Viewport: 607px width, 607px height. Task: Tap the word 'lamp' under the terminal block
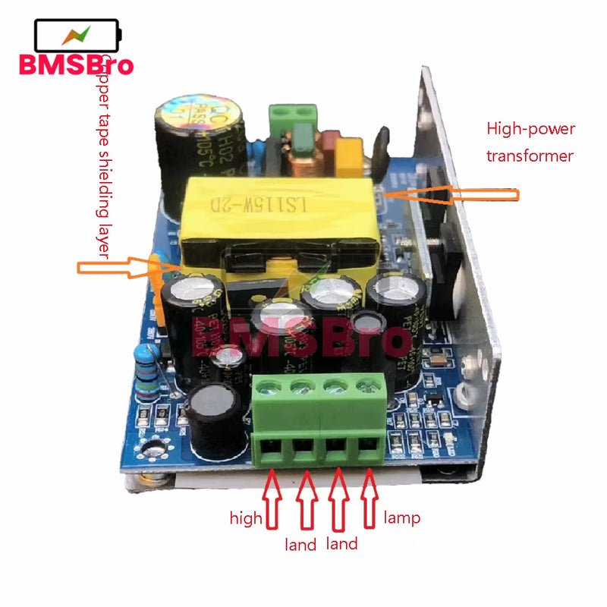402,518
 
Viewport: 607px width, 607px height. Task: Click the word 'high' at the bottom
246,519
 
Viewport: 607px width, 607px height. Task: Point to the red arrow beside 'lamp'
370,497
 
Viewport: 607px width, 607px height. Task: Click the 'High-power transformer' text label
531,142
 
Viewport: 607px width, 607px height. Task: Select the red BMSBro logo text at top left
76,64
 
